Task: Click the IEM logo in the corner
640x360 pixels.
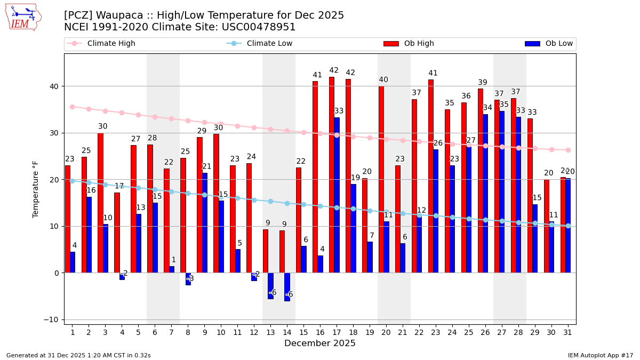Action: point(23,17)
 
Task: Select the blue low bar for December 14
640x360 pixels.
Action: point(287,287)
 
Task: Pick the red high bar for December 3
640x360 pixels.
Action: point(100,203)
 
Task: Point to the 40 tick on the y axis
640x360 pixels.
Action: point(54,86)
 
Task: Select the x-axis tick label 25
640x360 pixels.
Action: point(469,333)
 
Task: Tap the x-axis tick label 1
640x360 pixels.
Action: point(73,333)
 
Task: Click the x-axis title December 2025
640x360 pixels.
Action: point(320,344)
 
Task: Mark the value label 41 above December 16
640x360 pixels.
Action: point(317,75)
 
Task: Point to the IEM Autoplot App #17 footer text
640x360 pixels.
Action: point(600,355)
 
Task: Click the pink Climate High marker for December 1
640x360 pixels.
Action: point(73,107)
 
